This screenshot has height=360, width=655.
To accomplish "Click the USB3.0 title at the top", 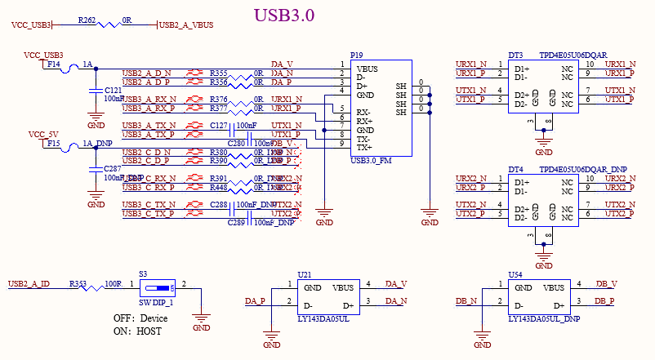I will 284,15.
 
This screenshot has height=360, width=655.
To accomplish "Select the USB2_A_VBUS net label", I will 186,25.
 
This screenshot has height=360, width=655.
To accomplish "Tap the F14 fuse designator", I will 54,64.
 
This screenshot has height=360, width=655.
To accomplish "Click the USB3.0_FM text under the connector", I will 372,160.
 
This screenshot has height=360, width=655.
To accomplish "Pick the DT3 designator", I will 515,55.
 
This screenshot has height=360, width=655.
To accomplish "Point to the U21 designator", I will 305,274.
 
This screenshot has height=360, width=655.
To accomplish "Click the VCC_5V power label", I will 43,134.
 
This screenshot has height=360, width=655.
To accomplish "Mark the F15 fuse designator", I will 54,144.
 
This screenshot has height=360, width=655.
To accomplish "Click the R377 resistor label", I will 218,108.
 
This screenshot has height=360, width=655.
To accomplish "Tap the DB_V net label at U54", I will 605,283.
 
